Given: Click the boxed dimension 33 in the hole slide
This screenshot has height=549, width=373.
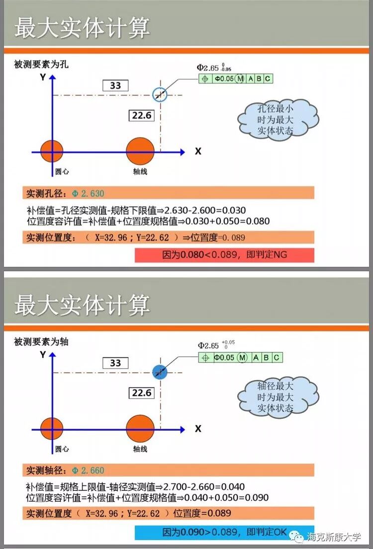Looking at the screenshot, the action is point(115,85).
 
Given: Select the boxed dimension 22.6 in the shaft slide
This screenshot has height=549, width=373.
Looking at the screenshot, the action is point(141,393).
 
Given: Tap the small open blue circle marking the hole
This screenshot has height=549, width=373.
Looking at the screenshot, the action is point(160,94).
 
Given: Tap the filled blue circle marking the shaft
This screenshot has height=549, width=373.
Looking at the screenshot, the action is point(160,372).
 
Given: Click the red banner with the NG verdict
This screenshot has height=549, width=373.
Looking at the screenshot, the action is point(224,255).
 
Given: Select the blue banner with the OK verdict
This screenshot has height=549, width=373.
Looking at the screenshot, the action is point(224,532).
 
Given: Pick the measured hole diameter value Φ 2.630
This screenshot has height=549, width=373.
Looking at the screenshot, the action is point(88,193).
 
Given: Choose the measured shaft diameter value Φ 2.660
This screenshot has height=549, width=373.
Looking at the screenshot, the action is point(88,470).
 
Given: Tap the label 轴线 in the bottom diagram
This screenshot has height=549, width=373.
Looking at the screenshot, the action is point(140,449).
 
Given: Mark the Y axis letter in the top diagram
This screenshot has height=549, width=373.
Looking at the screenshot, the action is point(43,77).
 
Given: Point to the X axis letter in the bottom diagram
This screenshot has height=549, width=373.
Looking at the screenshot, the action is point(198,428).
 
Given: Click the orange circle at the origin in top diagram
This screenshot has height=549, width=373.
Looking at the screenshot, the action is point(52,151).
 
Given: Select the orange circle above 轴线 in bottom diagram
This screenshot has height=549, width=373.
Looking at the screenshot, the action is point(140,428).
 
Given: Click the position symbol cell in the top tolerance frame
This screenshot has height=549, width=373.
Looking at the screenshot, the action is point(205,78).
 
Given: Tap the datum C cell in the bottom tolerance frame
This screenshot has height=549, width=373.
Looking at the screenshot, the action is point(277,358).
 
